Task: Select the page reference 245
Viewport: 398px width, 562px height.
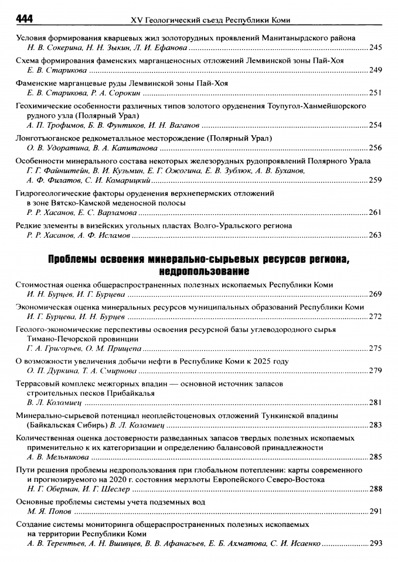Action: (x=375, y=48)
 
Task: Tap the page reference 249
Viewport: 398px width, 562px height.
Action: (x=375, y=71)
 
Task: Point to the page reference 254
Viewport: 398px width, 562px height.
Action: (x=375, y=125)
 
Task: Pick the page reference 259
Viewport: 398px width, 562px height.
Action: (x=375, y=180)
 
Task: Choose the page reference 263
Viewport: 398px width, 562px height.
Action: (x=375, y=235)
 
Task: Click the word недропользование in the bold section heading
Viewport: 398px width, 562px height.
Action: (x=199, y=271)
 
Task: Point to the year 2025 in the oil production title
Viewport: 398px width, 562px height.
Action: (x=261, y=362)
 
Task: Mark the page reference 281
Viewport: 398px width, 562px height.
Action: (x=375, y=403)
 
